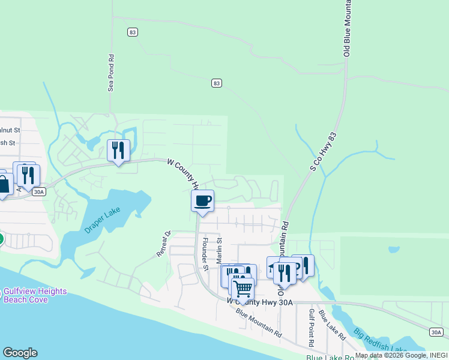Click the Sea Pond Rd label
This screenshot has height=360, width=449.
tap(111, 73)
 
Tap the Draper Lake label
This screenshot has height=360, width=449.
tap(103, 223)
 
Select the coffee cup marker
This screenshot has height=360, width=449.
tap(203, 201)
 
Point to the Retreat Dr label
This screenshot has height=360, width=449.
tap(164, 244)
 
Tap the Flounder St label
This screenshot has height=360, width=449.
tap(205, 254)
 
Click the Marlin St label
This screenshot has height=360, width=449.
tap(219, 248)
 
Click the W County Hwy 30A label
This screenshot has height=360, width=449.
tap(260, 302)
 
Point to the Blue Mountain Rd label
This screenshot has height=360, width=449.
tap(259, 322)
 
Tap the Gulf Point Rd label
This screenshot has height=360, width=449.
tap(312, 328)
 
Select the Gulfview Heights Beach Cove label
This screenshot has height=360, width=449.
tap(34, 295)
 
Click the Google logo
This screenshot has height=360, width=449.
tap(20, 353)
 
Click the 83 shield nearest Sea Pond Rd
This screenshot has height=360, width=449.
tap(133, 32)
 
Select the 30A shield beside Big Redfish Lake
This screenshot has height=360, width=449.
tap(437, 332)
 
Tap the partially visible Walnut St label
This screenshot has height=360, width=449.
tap(10, 129)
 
